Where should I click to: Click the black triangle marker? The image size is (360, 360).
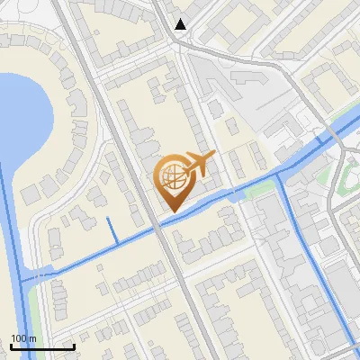point(181,24)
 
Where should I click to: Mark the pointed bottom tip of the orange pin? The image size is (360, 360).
point(171,211)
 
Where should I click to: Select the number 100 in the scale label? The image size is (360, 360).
point(18,338)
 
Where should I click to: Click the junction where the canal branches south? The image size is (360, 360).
point(282,175)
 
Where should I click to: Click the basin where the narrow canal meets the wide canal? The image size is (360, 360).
point(27,277)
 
